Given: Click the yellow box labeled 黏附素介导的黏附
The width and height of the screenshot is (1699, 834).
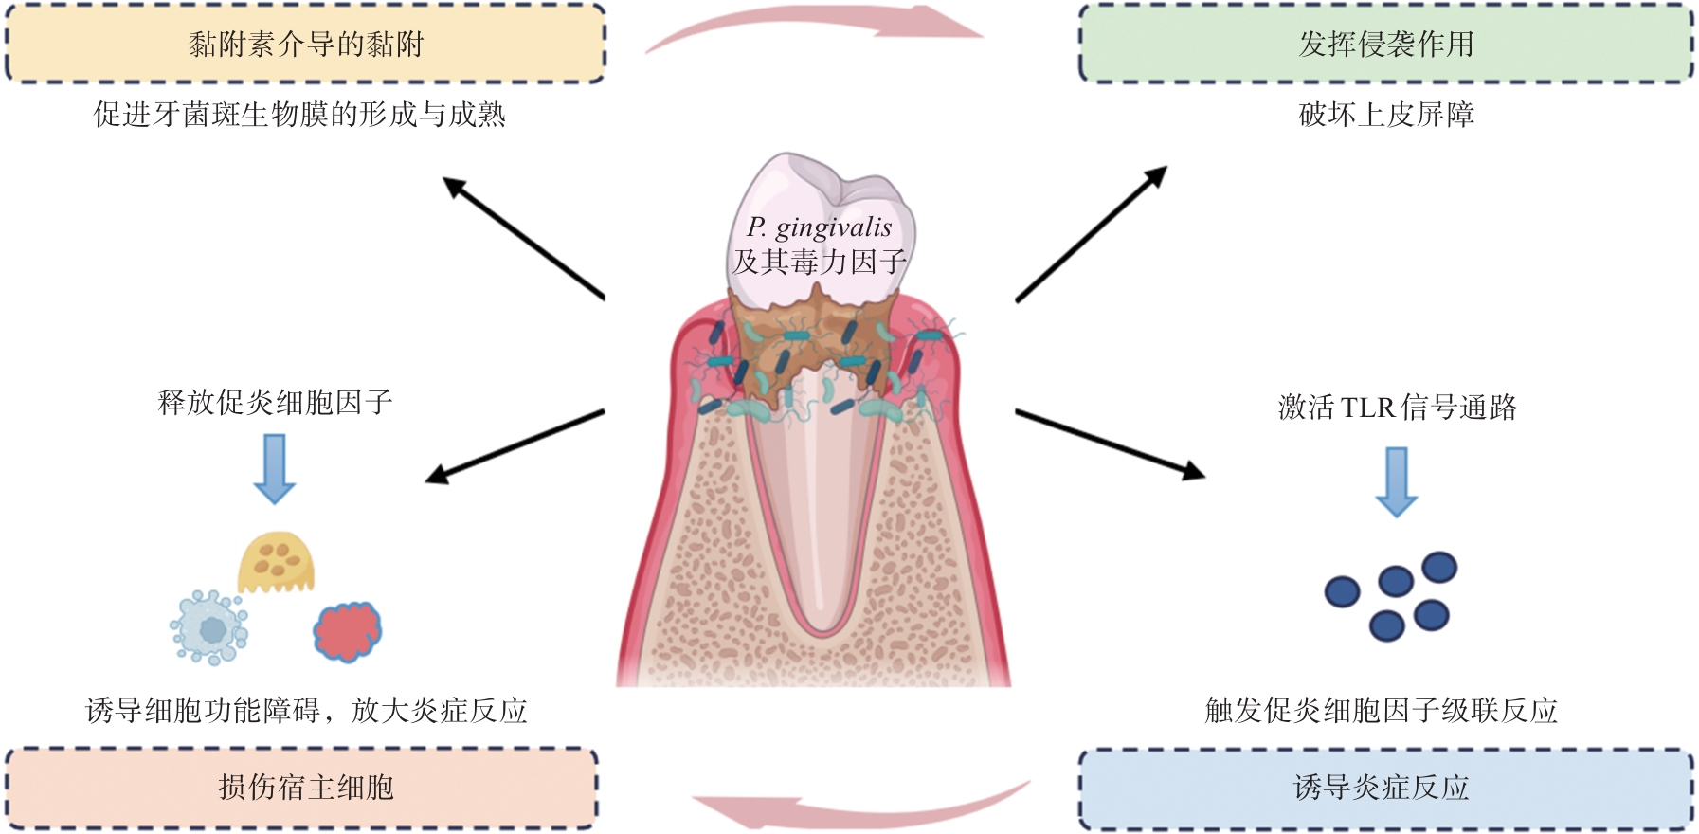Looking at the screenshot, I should pos(305,44).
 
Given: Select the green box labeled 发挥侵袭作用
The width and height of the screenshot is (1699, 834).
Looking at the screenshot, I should pos(1385,44).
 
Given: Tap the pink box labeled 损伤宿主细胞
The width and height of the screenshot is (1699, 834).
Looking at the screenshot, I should pos(303,787).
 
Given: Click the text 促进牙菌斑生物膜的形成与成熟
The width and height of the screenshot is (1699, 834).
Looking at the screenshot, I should pos(299,115).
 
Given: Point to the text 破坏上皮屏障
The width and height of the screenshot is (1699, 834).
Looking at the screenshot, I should pos(1386,115).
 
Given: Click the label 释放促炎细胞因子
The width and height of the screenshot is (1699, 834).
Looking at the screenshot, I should pos(275,402).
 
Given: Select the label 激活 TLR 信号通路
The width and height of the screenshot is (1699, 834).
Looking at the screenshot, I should pos(1398,408).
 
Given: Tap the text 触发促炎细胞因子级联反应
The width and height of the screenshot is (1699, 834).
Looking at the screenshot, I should pos(1381,710).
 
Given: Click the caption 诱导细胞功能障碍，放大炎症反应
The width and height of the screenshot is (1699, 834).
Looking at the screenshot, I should pos(305,710).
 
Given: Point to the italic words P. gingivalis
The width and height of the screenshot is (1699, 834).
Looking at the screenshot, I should pos(819,227).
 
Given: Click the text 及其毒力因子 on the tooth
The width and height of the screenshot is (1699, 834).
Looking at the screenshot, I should pos(820,261).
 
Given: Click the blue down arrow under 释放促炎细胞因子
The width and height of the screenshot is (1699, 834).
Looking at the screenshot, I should pos(275,467).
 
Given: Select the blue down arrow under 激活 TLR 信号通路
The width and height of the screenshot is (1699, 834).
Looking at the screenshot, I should pos(1397,480).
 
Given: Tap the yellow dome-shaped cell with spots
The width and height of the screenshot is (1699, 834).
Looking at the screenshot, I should pos(276,562).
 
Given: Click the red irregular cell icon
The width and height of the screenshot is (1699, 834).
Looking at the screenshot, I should pos(348,631).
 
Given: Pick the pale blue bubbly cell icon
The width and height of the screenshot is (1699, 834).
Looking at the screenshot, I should pos(209,627).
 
